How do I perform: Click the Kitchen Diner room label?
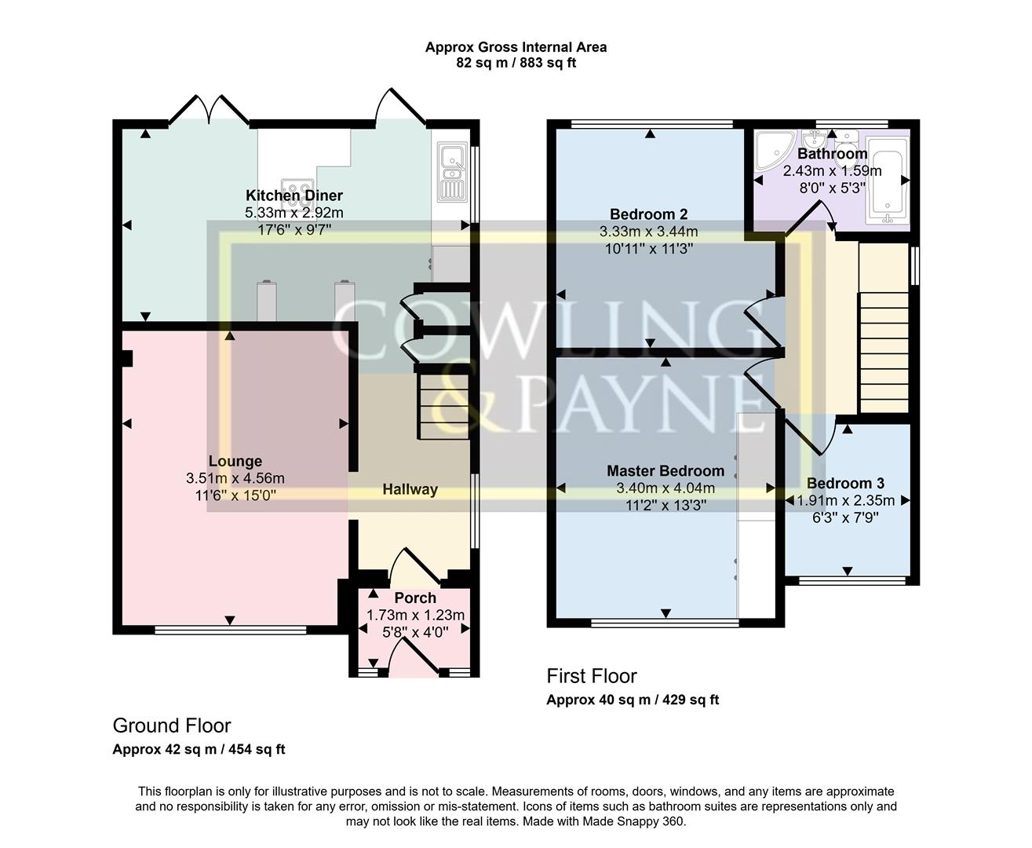click(294, 196)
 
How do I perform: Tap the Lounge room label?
click(235, 461)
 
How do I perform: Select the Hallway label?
click(410, 489)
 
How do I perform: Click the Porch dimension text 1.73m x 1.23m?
click(415, 615)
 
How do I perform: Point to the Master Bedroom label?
click(666, 470)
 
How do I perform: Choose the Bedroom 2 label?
click(648, 214)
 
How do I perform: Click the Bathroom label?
click(832, 154)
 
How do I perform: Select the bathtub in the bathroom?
click(888, 181)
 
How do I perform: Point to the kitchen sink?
click(451, 170)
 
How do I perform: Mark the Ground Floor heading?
click(172, 725)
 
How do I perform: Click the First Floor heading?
click(592, 676)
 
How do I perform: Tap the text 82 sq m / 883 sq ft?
click(516, 63)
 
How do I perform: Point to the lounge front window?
click(230, 629)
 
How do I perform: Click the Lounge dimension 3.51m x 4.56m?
click(235, 478)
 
